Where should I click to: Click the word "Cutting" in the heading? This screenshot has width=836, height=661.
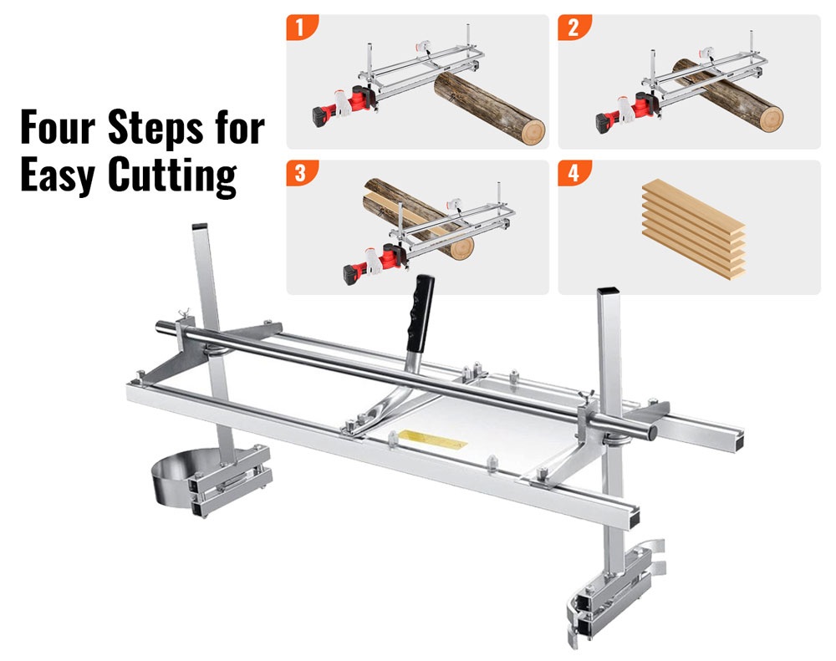click(x=171, y=176)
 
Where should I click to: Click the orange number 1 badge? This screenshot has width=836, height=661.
click(x=302, y=27)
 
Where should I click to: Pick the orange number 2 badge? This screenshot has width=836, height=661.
click(x=573, y=27)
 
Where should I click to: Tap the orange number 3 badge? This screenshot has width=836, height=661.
click(x=302, y=173)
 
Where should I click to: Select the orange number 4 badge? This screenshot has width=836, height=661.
click(x=573, y=173)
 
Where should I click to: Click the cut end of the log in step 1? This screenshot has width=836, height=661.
click(x=528, y=130)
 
